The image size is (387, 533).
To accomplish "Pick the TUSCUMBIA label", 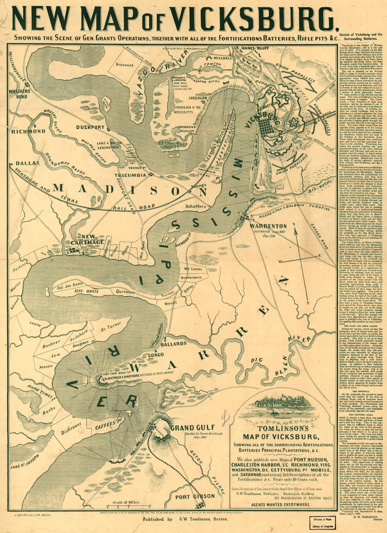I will (130, 175).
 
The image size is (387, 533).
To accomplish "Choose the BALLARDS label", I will (174, 343).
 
